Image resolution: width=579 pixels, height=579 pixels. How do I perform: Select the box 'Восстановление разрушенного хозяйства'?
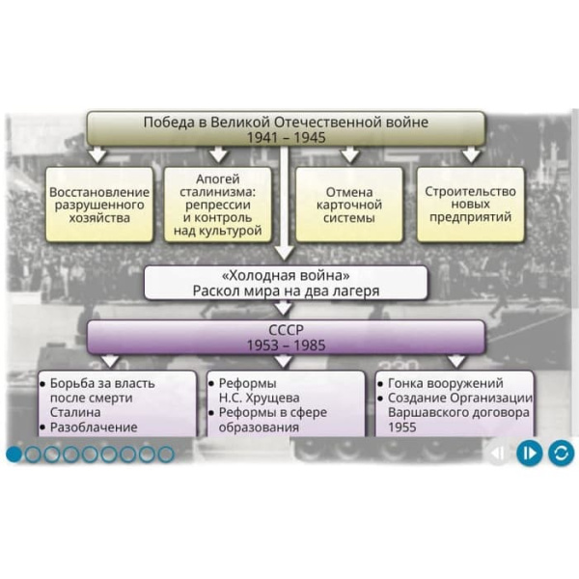click(x=100, y=205)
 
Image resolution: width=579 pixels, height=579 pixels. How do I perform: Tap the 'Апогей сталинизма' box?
click(x=225, y=205)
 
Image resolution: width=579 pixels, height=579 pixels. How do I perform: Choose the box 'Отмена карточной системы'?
click(x=348, y=205)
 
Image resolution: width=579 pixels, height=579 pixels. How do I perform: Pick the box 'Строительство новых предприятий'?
click(x=470, y=205)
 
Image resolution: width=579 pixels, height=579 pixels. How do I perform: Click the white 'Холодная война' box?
click(x=286, y=281)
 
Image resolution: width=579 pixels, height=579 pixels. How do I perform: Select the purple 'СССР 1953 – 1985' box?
click(x=286, y=337)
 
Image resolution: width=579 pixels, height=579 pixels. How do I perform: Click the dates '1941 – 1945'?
click(x=286, y=137)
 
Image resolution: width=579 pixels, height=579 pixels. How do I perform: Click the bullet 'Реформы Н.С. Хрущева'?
click(x=260, y=390)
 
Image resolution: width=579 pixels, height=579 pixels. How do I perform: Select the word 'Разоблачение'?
click(x=94, y=427)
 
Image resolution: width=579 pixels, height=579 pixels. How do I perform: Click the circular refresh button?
click(x=561, y=452)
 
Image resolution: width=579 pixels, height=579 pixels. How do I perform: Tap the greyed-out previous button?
click(x=497, y=452)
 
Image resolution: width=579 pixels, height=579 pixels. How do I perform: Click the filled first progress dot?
click(x=14, y=453)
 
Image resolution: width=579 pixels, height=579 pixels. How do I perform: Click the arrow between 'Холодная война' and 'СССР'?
click(x=286, y=309)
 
